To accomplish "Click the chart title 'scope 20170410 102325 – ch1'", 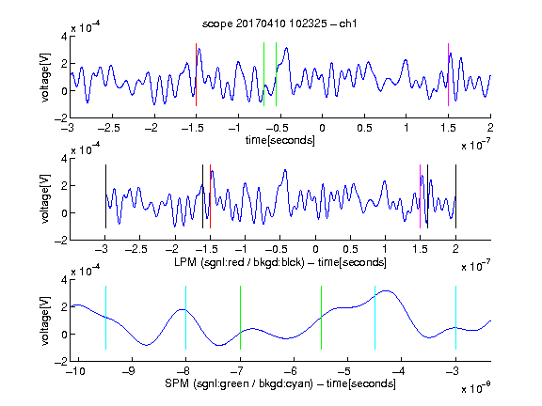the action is pyautogui.click(x=279, y=23).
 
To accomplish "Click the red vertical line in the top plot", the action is pyautogui.click(x=196, y=74).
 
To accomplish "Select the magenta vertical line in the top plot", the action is pyautogui.click(x=448, y=74).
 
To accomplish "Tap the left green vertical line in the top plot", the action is pyautogui.click(x=263, y=74).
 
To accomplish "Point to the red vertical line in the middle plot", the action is pyautogui.click(x=210, y=196).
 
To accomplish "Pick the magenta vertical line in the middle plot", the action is pyautogui.click(x=420, y=196).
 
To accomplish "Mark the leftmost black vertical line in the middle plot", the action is pyautogui.click(x=105, y=196).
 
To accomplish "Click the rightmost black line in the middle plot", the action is pyautogui.click(x=455, y=196).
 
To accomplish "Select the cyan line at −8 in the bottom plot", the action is pyautogui.click(x=185, y=318).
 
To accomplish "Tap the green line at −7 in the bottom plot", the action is pyautogui.click(x=240, y=318).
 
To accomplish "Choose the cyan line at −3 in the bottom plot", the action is pyautogui.click(x=455, y=318).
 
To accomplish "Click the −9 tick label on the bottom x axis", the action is pyautogui.click(x=129, y=371).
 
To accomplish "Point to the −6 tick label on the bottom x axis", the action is pyautogui.click(x=291, y=371).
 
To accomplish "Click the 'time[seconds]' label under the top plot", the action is pyautogui.click(x=280, y=140).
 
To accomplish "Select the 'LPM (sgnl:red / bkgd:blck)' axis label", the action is pyautogui.click(x=239, y=262).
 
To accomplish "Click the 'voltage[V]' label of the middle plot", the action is pyautogui.click(x=45, y=198).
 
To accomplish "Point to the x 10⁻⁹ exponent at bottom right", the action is pyautogui.click(x=475, y=388).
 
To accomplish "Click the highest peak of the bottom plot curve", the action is pyautogui.click(x=386, y=290).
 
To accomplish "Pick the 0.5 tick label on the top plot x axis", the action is pyautogui.click(x=364, y=128).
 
